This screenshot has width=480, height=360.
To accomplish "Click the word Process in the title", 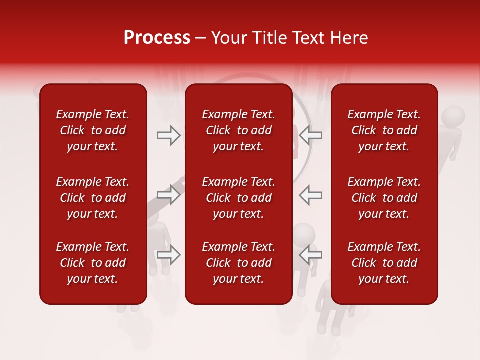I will pos(157,38).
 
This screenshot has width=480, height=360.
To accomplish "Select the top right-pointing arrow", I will pos(169,135).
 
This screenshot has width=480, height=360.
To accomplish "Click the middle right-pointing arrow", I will pos(169,195).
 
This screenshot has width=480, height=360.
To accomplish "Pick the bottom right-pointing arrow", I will pos(169,255).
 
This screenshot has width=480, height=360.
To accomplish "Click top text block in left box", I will pos(93,130).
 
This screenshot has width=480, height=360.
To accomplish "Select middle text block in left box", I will pos(93,198).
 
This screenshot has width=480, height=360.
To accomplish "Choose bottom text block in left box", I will pos(93,263).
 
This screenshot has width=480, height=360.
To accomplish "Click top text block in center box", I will pos(238,130).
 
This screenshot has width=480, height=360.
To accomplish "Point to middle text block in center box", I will pos(238,198).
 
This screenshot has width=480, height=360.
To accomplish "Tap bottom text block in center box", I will pos(238,263).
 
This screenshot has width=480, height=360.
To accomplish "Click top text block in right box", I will pos(384,130).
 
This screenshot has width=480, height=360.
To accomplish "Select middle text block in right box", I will pos(384,198).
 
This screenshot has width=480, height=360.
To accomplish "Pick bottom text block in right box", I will pos(384,263).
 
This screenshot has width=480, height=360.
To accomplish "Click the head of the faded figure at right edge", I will pos(453,118).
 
